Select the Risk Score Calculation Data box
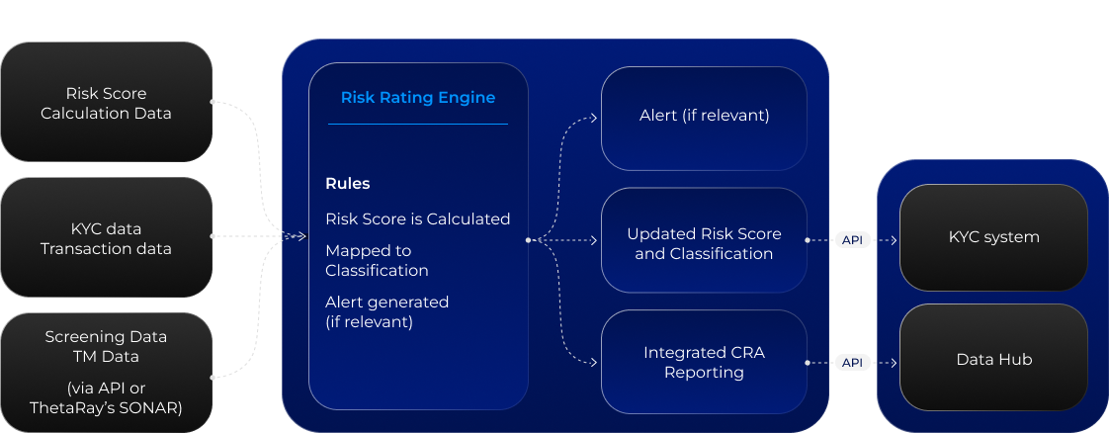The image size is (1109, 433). [106, 103]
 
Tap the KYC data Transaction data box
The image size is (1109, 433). [106, 238]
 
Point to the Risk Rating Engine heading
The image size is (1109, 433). [417, 98]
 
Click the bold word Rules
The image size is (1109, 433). [348, 184]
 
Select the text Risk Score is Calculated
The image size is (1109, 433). [417, 218]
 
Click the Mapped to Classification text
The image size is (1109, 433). [377, 260]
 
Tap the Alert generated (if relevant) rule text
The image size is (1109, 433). [386, 311]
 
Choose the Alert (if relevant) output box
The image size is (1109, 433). [704, 117]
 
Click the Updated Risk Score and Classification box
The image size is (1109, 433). [704, 243]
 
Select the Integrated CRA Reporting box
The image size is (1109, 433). [704, 362]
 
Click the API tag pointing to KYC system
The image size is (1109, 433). [852, 240]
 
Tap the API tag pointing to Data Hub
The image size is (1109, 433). [852, 363]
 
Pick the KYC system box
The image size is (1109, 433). [993, 237]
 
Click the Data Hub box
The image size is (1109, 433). [993, 359]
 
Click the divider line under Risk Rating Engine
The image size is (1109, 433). [417, 124]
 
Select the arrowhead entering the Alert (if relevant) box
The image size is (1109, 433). [593, 117]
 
